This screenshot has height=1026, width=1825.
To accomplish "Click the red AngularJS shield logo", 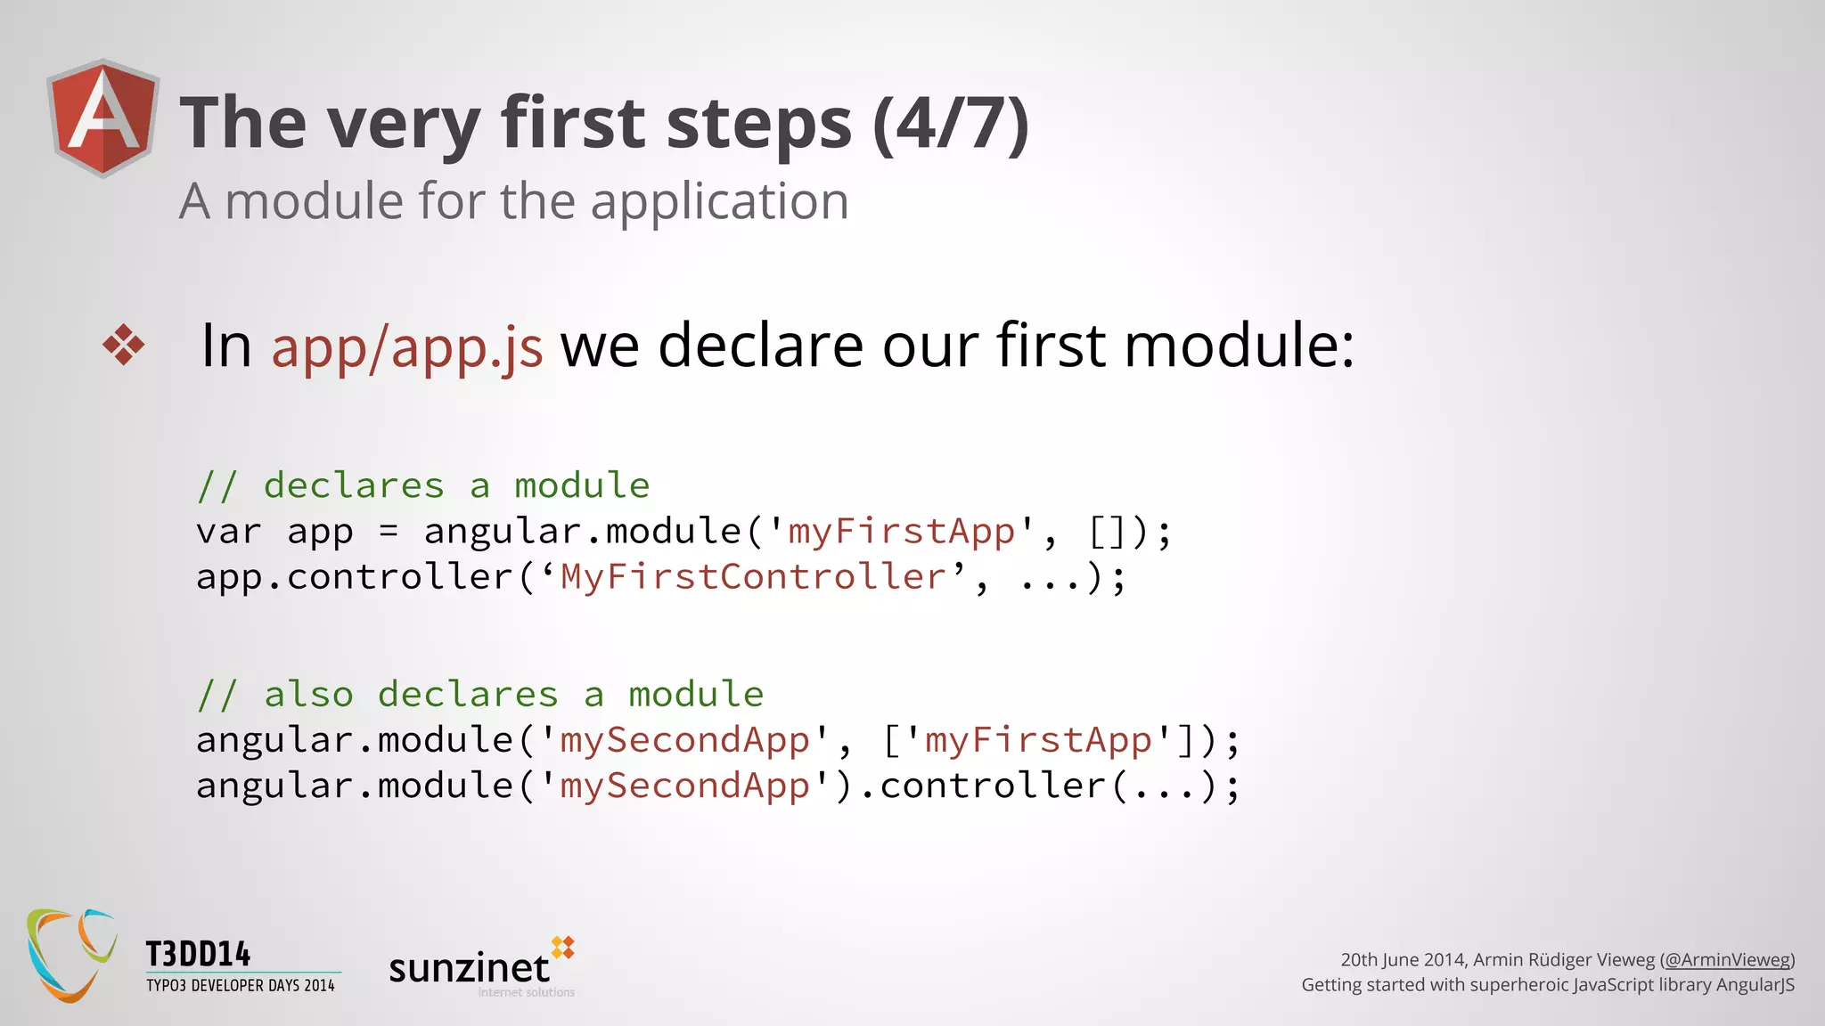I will coord(103,118).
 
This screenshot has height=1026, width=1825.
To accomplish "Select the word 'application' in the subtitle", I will coord(719,201).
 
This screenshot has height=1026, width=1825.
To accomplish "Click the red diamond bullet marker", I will coord(124,345).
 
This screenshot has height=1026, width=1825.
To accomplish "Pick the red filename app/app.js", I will coord(406,346).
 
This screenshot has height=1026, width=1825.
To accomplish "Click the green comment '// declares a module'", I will coord(423,485).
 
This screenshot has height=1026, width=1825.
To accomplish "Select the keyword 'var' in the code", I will coord(229,532).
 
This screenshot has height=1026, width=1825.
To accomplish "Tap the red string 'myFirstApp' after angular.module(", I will coord(901,532).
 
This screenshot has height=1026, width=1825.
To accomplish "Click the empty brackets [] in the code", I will coord(1108,533).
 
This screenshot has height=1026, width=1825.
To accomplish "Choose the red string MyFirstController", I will coord(753,577).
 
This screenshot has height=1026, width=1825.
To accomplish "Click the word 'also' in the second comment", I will coord(308,695).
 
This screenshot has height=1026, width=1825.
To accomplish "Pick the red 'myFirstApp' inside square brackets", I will coord(1037,740).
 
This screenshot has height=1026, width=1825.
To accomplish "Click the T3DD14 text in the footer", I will coord(198,954).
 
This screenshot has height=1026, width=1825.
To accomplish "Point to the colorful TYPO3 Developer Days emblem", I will coord(71,955).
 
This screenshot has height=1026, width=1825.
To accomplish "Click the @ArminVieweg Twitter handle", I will coord(1726,959).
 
